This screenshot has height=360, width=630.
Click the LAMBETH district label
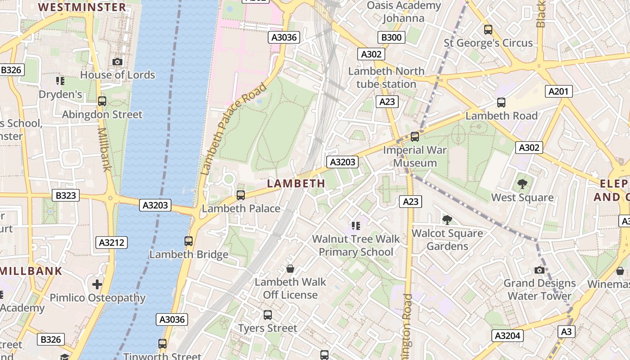(x=296, y=183)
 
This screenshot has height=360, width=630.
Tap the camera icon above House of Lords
(x=117, y=62)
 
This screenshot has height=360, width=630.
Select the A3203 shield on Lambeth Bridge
(x=155, y=205)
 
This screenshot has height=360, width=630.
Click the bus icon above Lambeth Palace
(x=241, y=195)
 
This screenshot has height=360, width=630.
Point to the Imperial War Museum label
(x=414, y=156)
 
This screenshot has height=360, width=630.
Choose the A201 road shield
(x=558, y=91)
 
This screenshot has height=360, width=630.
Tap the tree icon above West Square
(x=522, y=184)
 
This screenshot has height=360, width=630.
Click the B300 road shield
(x=391, y=37)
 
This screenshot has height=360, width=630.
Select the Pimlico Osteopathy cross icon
(x=97, y=284)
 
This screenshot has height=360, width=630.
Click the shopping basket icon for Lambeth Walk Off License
(x=290, y=269)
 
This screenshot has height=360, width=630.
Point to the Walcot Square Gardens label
(x=447, y=239)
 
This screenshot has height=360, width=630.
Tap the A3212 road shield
(x=112, y=243)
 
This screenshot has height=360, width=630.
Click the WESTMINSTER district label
(x=82, y=7)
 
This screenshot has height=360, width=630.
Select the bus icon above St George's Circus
(x=488, y=30)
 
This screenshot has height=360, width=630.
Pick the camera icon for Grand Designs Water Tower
(x=539, y=270)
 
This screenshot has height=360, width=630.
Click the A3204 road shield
(x=507, y=335)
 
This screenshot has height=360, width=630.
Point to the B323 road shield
(x=66, y=195)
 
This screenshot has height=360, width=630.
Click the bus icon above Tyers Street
(x=268, y=315)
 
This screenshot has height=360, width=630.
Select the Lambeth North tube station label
(x=386, y=77)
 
